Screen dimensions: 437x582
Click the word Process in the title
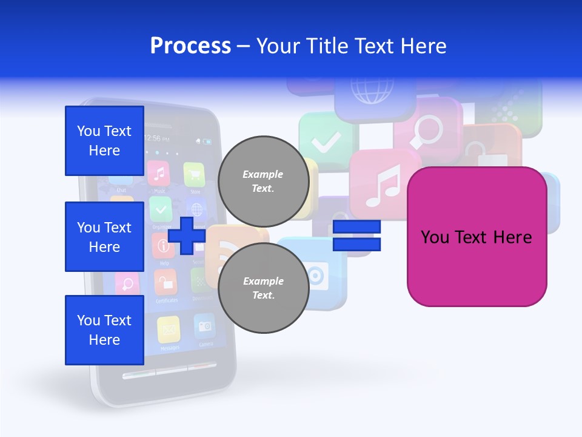pyautogui.click(x=190, y=46)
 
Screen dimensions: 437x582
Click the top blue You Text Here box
pyautogui.click(x=104, y=141)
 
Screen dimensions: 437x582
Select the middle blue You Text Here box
pyautogui.click(x=104, y=237)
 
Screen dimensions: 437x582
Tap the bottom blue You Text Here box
pyautogui.click(x=104, y=330)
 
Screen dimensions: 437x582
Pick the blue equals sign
pyautogui.click(x=356, y=236)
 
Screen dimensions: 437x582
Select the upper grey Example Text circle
pyautogui.click(x=264, y=181)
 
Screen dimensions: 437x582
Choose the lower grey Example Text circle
pyautogui.click(x=264, y=288)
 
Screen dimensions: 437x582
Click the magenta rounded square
pyautogui.click(x=477, y=237)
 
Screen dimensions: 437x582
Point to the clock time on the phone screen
pyautogui.click(x=153, y=138)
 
